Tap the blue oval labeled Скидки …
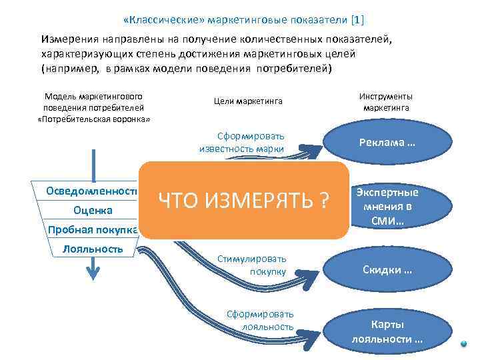(387, 270)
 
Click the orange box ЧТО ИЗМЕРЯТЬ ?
(244, 199)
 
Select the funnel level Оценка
(93, 211)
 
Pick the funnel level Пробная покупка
(93, 231)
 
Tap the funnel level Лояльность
(93, 249)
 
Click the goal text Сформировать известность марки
(242, 142)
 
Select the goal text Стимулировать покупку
(252, 265)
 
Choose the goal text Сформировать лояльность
(261, 321)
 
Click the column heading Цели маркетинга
(248, 101)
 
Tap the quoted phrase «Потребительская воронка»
(93, 119)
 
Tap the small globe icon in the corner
(465, 345)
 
